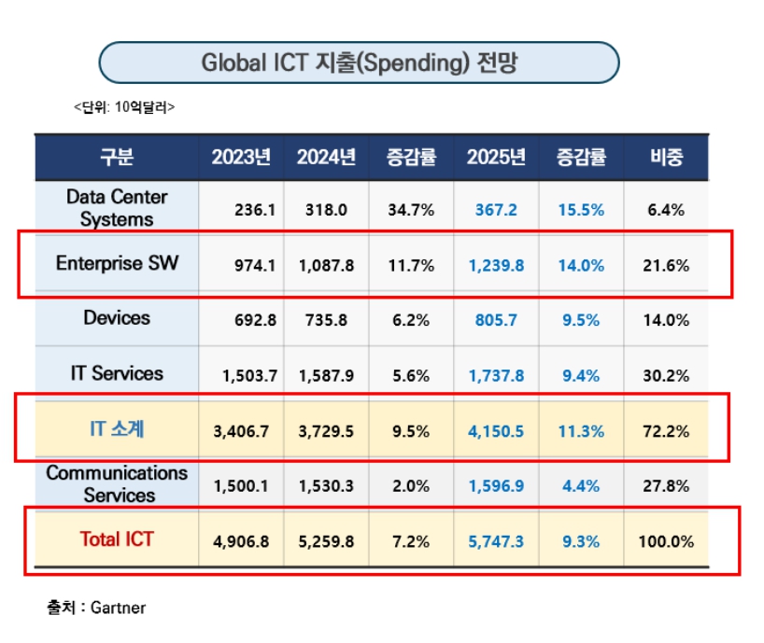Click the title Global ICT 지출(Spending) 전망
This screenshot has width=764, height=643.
(x=359, y=63)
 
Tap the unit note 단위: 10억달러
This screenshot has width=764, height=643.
(x=124, y=107)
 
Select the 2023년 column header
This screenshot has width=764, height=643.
(x=240, y=157)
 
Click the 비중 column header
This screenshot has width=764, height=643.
(x=667, y=157)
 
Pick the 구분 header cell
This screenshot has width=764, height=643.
(x=117, y=157)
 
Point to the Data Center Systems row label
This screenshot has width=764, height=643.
(x=117, y=208)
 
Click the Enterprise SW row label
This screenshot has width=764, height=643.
(x=117, y=263)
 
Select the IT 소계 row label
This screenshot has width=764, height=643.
(x=117, y=430)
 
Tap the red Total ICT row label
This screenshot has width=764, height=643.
(x=117, y=539)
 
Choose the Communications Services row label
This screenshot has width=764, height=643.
(x=117, y=484)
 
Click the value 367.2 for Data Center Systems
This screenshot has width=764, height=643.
(x=495, y=210)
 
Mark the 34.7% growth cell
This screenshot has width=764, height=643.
(x=411, y=210)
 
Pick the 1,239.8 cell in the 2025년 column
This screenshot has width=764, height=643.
(x=496, y=265)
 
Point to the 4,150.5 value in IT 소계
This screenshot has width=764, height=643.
(x=496, y=431)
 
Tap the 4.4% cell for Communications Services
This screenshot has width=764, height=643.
(x=581, y=486)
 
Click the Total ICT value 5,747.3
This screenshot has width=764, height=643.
(x=496, y=541)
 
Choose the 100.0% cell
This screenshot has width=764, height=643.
(x=667, y=541)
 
